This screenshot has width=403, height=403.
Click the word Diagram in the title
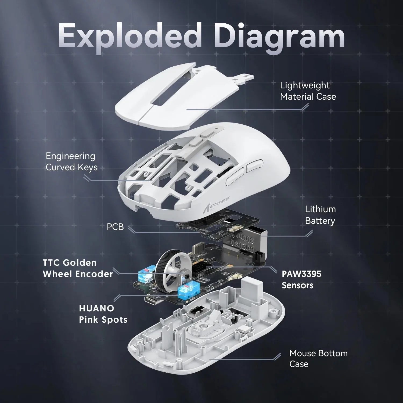[x=279, y=36]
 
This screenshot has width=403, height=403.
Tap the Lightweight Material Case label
[x=308, y=91]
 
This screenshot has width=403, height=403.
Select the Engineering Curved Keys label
[x=71, y=161]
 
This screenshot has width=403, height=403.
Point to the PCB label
[x=115, y=227]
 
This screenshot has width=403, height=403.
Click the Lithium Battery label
[x=320, y=215]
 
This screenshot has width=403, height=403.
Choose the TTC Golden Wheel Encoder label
[x=78, y=268]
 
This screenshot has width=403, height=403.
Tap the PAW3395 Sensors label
[x=301, y=279]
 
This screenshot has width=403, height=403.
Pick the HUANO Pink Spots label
[x=103, y=314]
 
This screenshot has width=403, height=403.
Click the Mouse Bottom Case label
[x=318, y=358]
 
